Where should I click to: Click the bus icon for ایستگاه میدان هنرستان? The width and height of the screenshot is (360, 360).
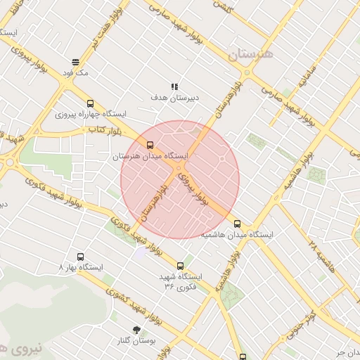pos(149,146)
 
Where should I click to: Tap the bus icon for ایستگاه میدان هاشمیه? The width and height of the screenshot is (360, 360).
pos(237,224)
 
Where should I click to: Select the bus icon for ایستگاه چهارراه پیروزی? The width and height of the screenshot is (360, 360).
pos(90,103)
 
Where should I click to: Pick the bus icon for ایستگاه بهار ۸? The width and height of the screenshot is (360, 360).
pos(80,257)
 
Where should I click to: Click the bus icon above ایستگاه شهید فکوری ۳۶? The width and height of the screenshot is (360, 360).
pos(181,266)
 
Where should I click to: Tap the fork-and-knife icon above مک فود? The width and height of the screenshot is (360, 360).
pos(75,62)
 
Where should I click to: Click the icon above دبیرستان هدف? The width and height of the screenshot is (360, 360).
pos(174,86)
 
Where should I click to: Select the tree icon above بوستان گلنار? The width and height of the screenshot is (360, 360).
pos(136,329)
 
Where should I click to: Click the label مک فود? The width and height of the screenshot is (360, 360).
pos(75,72)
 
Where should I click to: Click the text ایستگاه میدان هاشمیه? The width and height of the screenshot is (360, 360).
pos(237,234)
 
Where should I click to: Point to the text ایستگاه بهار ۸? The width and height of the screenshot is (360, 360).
pos(81,267)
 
